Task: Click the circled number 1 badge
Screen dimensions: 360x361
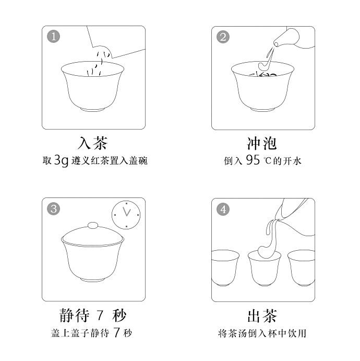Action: (54, 37)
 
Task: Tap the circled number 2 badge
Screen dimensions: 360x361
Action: (223, 37)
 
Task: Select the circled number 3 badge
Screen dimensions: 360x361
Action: (54, 209)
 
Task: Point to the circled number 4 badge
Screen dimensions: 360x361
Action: (223, 209)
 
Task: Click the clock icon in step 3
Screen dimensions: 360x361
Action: (126, 215)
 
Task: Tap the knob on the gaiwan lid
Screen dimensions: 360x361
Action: (93, 225)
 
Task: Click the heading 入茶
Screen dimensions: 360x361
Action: (93, 143)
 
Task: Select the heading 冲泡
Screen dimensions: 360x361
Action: (262, 143)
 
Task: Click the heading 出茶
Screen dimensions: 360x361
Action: (262, 316)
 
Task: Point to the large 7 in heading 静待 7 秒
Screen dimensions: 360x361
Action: (100, 316)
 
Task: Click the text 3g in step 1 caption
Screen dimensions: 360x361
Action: (62, 160)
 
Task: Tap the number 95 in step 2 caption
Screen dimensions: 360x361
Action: (253, 160)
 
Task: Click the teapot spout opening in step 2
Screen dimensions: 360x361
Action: (276, 44)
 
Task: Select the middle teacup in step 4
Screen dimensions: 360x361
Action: (265, 269)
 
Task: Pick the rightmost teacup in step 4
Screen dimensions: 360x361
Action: (302, 269)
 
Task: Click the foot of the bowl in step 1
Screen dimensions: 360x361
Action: (93, 109)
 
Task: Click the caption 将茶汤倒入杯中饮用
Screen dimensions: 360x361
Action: (262, 333)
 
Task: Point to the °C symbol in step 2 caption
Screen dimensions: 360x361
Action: (268, 160)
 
